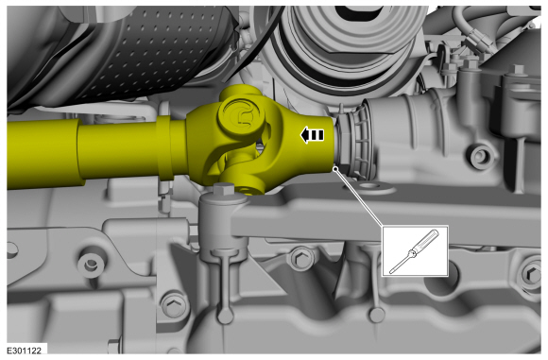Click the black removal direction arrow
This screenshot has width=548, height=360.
point(312,135)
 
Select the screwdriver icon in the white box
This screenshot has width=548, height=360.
point(414,251)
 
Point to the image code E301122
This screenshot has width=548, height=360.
point(25,351)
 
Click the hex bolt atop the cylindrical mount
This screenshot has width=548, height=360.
point(223,189)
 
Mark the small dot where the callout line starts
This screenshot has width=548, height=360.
point(335,169)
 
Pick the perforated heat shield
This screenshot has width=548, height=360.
point(146,52)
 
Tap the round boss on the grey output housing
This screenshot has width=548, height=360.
point(482,157)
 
